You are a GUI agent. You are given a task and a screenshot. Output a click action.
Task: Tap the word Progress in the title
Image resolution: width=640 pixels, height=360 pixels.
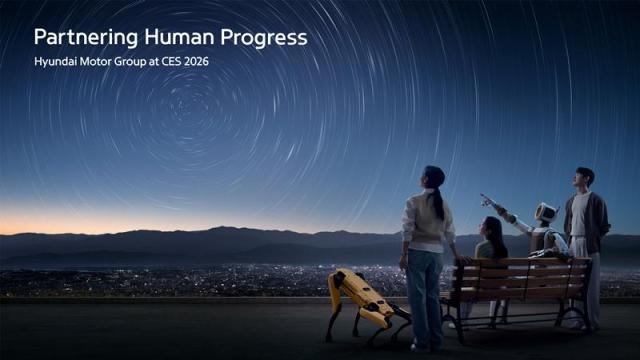click(x=267, y=38)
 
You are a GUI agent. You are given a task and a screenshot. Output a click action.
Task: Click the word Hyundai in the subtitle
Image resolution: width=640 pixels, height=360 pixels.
click(x=59, y=62)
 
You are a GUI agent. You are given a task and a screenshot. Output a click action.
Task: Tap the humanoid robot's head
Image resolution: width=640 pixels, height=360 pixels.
click(x=546, y=213)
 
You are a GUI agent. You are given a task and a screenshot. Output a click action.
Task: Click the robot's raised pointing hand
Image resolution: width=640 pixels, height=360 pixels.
click(x=487, y=200)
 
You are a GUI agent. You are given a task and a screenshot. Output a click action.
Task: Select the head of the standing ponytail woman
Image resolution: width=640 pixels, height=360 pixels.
click(x=434, y=178)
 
